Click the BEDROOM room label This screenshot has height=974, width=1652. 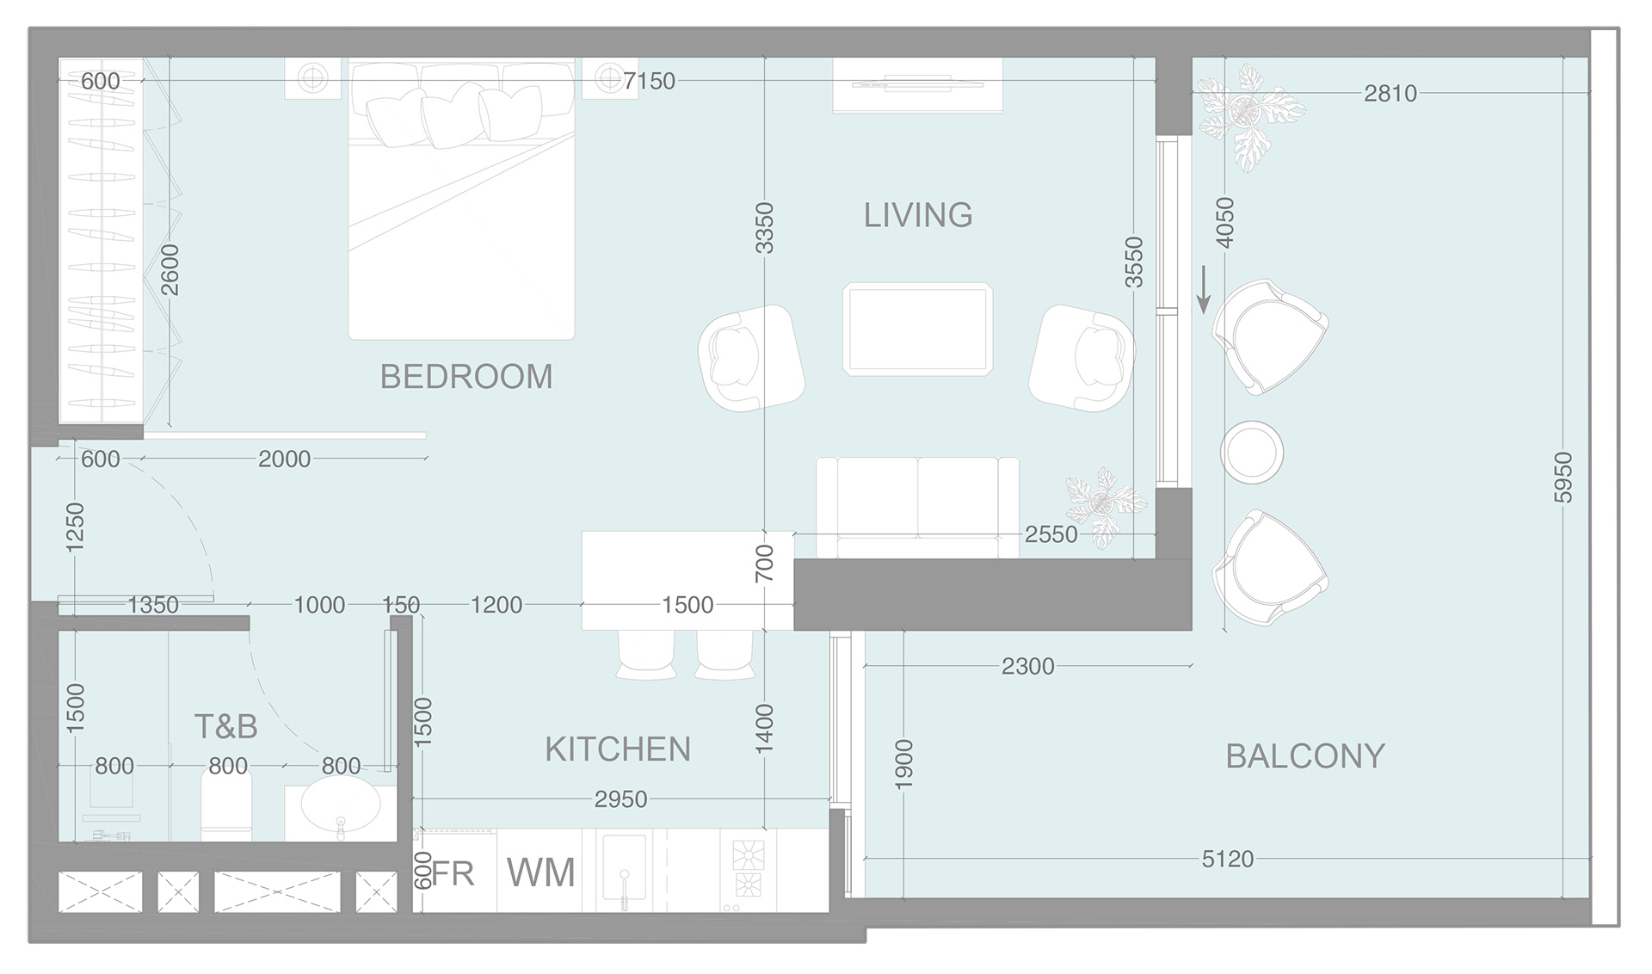pos(465,377)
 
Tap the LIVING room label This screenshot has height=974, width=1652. pos(918,215)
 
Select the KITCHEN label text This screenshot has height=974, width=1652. pos(618,749)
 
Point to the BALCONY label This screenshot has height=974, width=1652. pos(1304,756)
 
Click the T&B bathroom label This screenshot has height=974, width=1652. pos(225,727)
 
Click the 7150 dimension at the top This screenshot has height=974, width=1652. pos(650,81)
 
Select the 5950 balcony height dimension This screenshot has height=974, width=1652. pos(1563,478)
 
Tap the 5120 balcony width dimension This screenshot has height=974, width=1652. pos(1227,859)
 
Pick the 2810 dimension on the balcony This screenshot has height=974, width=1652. pos(1390,93)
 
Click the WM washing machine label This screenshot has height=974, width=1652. pos(540,872)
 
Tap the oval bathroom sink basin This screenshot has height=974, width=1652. pos(341,806)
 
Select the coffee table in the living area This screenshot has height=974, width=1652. pos(917,329)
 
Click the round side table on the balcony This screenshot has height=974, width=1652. pos(1252,452)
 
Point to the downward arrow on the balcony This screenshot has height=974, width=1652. pos(1204,289)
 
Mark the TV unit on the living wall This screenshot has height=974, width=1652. pos(917,85)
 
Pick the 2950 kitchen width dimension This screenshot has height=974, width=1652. pos(620,799)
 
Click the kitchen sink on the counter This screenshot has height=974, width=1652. pos(625,869)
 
